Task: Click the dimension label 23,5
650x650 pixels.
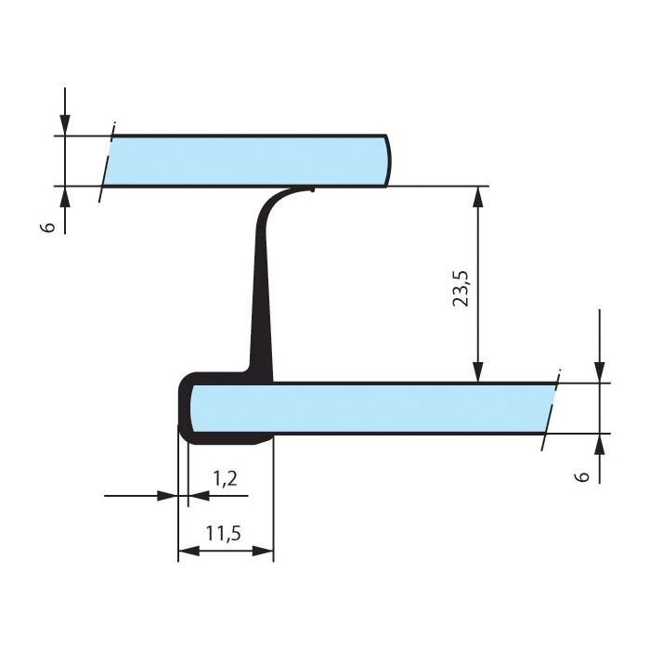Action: tap(461, 289)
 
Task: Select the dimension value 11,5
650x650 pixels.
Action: tap(224, 533)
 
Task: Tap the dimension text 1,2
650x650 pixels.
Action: tap(225, 478)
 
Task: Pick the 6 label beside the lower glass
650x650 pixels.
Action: tap(582, 476)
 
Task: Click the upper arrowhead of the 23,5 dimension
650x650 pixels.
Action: tap(478, 197)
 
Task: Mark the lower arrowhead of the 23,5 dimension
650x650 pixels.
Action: tap(478, 371)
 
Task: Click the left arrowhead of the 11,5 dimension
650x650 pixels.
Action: tap(188, 551)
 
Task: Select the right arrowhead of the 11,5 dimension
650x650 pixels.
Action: tap(263, 551)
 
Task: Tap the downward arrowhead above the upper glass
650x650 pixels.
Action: tap(65, 125)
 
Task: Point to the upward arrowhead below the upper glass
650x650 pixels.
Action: tap(65, 197)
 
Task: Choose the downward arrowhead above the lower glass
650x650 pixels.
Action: tap(600, 372)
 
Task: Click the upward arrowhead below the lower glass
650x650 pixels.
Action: tap(600, 444)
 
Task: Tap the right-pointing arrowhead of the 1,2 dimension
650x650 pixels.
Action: tap(167, 495)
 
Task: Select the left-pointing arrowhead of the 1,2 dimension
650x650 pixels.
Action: tap(199, 495)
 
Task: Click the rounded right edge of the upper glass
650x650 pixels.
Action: tap(388, 161)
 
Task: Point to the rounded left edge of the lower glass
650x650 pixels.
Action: tap(191, 408)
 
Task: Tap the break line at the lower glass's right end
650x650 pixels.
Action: tap(551, 409)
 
